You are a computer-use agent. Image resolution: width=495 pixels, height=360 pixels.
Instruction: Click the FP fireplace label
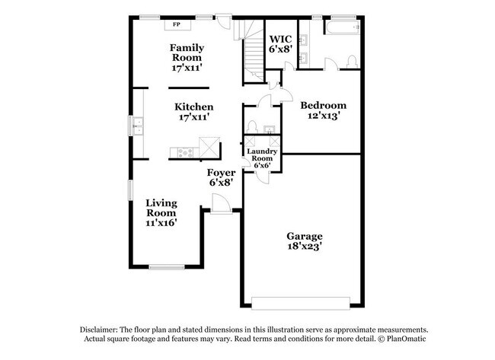click(177, 24)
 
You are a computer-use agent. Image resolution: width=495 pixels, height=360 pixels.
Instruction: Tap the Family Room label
click(187, 53)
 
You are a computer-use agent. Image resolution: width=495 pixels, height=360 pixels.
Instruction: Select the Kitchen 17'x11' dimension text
click(194, 117)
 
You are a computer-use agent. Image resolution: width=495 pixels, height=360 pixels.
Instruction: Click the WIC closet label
click(280, 39)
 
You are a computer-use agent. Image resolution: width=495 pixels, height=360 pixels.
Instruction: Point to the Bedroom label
click(323, 105)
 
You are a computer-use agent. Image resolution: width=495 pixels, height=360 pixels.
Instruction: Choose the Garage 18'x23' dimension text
click(305, 246)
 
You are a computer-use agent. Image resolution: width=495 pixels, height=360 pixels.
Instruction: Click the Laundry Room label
click(262, 155)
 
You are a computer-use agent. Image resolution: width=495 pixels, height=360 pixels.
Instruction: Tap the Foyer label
click(221, 173)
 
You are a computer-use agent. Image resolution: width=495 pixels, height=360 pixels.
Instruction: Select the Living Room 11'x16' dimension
click(161, 222)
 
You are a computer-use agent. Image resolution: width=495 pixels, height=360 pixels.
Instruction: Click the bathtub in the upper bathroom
click(343, 27)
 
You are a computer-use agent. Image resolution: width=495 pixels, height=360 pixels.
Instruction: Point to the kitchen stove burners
click(185, 153)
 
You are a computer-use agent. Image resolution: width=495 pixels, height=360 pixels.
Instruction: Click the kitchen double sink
click(138, 126)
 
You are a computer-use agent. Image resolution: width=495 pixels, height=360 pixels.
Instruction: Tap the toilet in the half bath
click(252, 127)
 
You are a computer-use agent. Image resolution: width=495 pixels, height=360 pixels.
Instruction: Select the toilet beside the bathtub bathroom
click(351, 62)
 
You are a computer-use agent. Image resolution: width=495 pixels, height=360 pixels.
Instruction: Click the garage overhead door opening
click(301, 303)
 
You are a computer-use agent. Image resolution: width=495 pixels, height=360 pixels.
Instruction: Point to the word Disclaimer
click(98, 330)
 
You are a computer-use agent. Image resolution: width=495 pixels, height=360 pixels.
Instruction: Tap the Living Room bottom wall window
click(167, 267)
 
